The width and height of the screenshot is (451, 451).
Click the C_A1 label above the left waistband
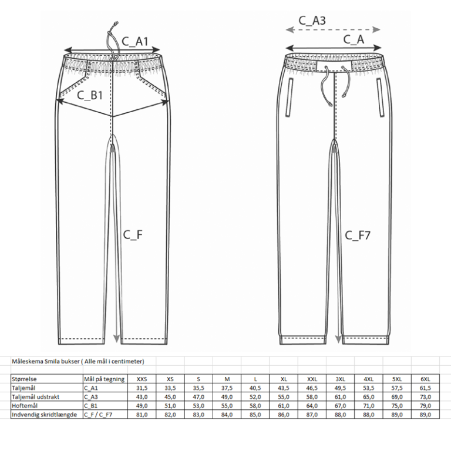tap(135, 42)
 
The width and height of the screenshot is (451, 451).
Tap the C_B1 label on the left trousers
tap(90, 95)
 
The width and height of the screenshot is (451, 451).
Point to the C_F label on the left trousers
tap(133, 235)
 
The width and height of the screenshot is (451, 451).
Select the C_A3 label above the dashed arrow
tap(312, 21)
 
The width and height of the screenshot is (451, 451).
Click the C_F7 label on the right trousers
tap(358, 235)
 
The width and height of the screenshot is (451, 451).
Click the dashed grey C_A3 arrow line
tap(333, 29)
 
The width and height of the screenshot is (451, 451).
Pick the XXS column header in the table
tap(142, 379)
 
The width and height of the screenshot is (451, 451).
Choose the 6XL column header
tap(425, 379)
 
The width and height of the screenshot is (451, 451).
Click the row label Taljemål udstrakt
tap(35, 397)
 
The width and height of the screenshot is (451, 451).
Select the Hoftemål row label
tap(25, 406)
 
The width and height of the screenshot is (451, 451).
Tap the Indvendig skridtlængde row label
tap(44, 415)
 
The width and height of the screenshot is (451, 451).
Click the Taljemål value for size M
tap(227, 388)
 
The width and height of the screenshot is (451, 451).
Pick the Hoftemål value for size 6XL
tap(425, 406)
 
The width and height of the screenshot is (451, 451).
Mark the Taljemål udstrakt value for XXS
tap(142, 397)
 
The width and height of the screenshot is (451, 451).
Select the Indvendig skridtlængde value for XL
tap(284, 415)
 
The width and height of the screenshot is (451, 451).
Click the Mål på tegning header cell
tap(104, 379)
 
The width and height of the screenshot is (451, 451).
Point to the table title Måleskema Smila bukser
tap(45, 361)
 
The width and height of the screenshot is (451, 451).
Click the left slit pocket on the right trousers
tap(289, 97)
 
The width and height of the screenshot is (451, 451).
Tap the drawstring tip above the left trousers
tap(116, 23)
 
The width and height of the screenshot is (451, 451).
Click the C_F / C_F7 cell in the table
tap(98, 415)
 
